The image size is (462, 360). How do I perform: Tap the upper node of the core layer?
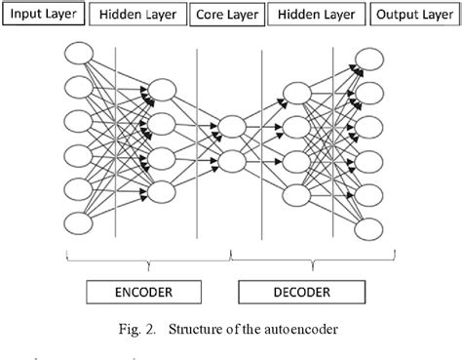pyautogui.click(x=231, y=126)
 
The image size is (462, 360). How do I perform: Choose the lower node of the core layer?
pyautogui.click(x=231, y=159)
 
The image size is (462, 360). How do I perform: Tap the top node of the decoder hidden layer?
pyautogui.click(x=299, y=94)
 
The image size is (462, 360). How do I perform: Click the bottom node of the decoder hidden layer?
pyautogui.click(x=299, y=192)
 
